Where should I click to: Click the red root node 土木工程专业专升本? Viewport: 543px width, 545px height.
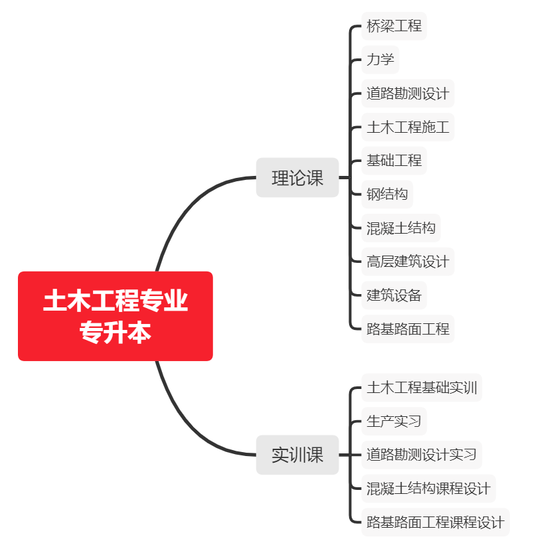point(116,316)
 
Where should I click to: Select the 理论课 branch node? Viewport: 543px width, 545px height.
point(297,178)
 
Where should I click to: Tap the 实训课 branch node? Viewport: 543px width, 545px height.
point(297,455)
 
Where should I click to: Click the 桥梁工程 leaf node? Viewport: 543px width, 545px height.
point(394,26)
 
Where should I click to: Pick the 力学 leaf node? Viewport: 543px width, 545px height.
point(380,60)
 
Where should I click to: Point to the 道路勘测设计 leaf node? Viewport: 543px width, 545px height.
point(408,93)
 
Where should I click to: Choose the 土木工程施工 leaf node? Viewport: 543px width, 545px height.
point(408,127)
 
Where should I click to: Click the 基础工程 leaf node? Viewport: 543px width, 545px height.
point(394,161)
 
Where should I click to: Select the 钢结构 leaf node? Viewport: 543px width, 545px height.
point(387,195)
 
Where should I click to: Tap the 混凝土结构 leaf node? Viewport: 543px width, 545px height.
point(401,228)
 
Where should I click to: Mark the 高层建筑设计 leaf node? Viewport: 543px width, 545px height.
point(408,262)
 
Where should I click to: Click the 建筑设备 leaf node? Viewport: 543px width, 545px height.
point(394,295)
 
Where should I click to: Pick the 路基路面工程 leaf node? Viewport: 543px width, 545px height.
point(408,329)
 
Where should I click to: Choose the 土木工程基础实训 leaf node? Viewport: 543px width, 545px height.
point(422,388)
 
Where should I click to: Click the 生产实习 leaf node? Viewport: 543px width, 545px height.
point(394,422)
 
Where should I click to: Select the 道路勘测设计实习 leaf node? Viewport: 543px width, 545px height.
point(422,455)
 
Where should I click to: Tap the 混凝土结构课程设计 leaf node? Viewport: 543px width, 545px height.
point(428,489)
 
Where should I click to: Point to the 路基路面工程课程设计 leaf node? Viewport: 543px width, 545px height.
point(435,522)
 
